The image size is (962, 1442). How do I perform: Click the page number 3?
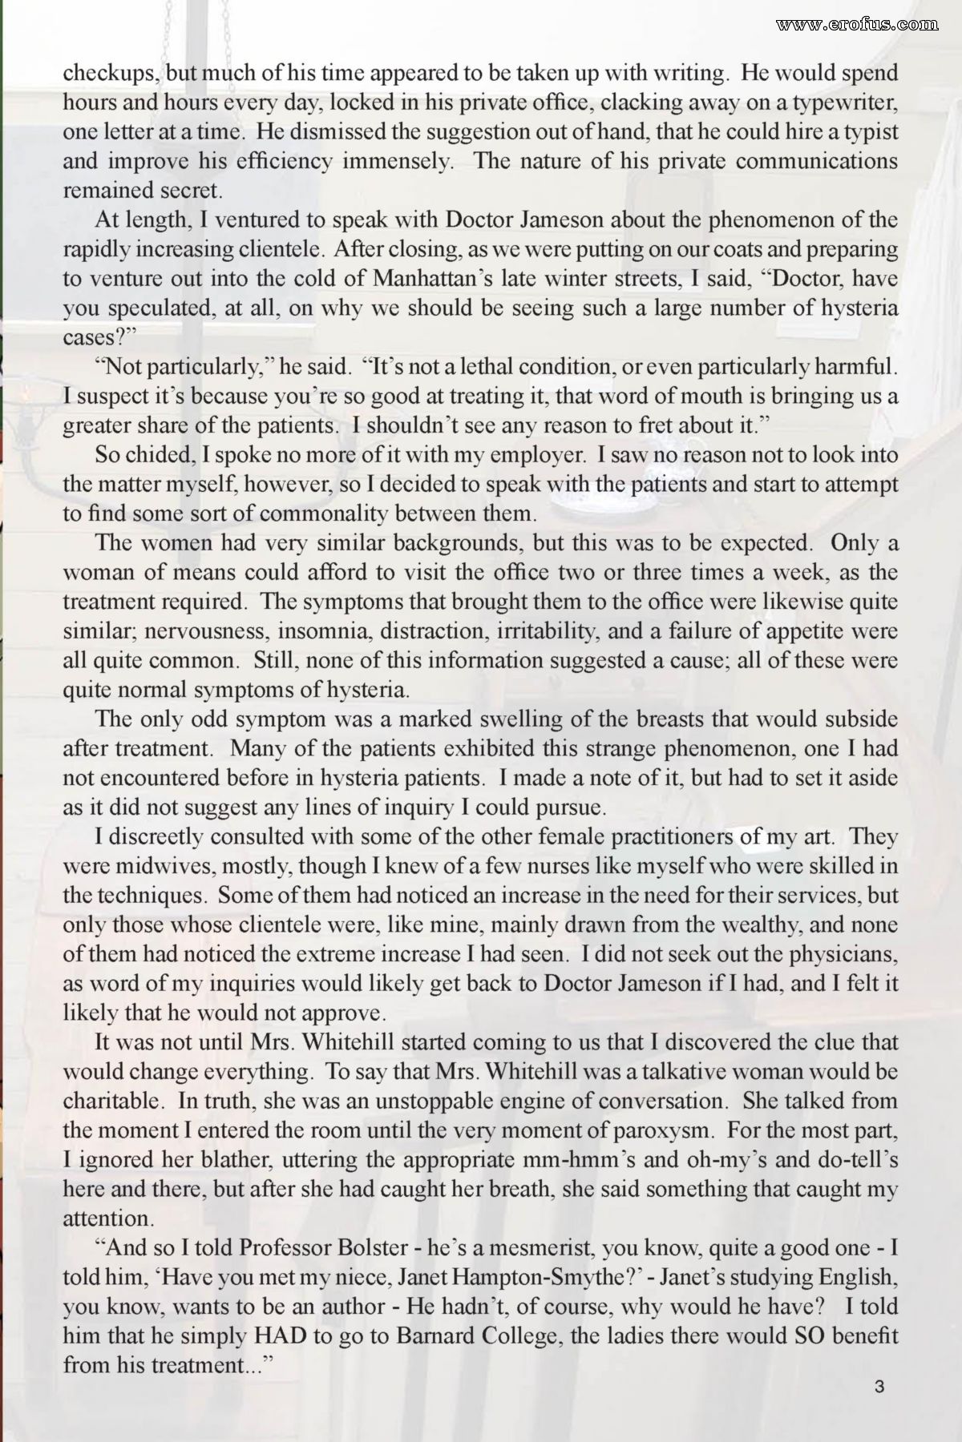pyautogui.click(x=879, y=1388)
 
